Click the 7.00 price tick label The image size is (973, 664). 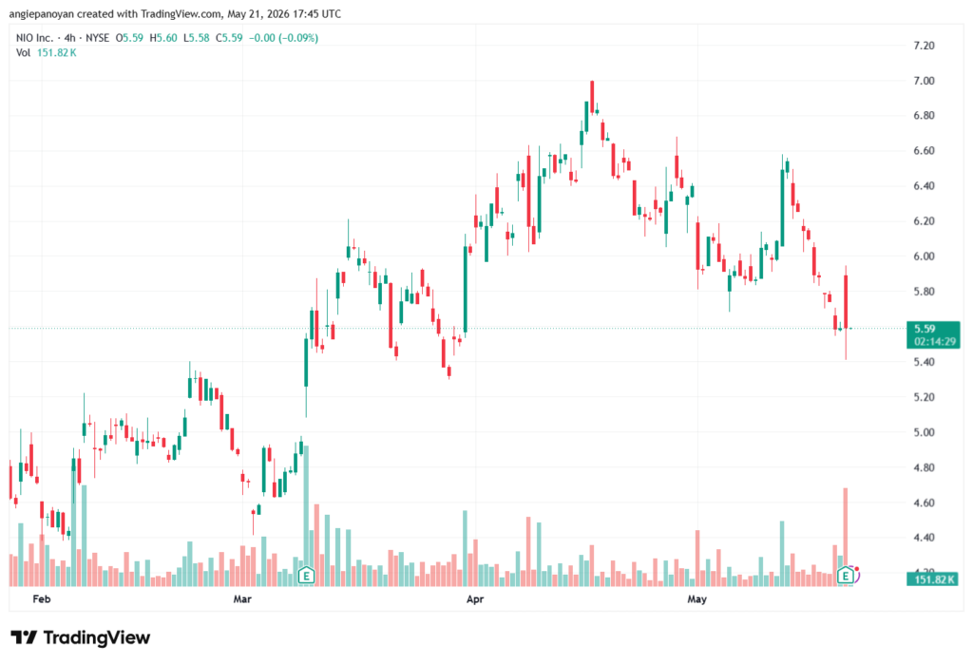[x=924, y=81]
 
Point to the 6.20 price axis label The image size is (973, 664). [x=924, y=221]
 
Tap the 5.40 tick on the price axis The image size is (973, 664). [x=924, y=362]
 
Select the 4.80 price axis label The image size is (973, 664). [x=924, y=468]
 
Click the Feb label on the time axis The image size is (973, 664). [x=41, y=598]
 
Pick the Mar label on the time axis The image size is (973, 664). [x=242, y=598]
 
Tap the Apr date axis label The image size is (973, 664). [x=475, y=598]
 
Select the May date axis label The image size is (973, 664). [x=696, y=598]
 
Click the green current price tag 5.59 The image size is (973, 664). [x=933, y=335]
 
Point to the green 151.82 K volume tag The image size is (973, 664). [x=933, y=579]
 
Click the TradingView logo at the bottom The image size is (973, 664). [x=81, y=638]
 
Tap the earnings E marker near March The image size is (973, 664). [x=306, y=576]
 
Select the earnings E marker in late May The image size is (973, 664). [x=845, y=576]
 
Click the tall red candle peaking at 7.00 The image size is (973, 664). [x=592, y=97]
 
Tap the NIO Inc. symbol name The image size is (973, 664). [x=35, y=38]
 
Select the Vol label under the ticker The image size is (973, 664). [x=23, y=53]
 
